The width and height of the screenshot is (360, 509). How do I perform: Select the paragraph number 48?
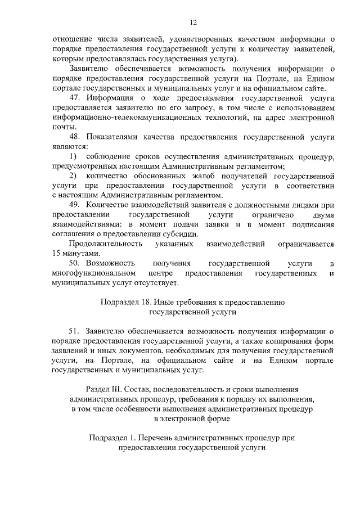pos(74,137)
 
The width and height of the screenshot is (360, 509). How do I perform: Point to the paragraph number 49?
pos(74,205)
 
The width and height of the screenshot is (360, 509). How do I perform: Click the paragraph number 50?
pos(74,263)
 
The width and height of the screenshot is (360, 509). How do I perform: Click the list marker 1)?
pos(73,156)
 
